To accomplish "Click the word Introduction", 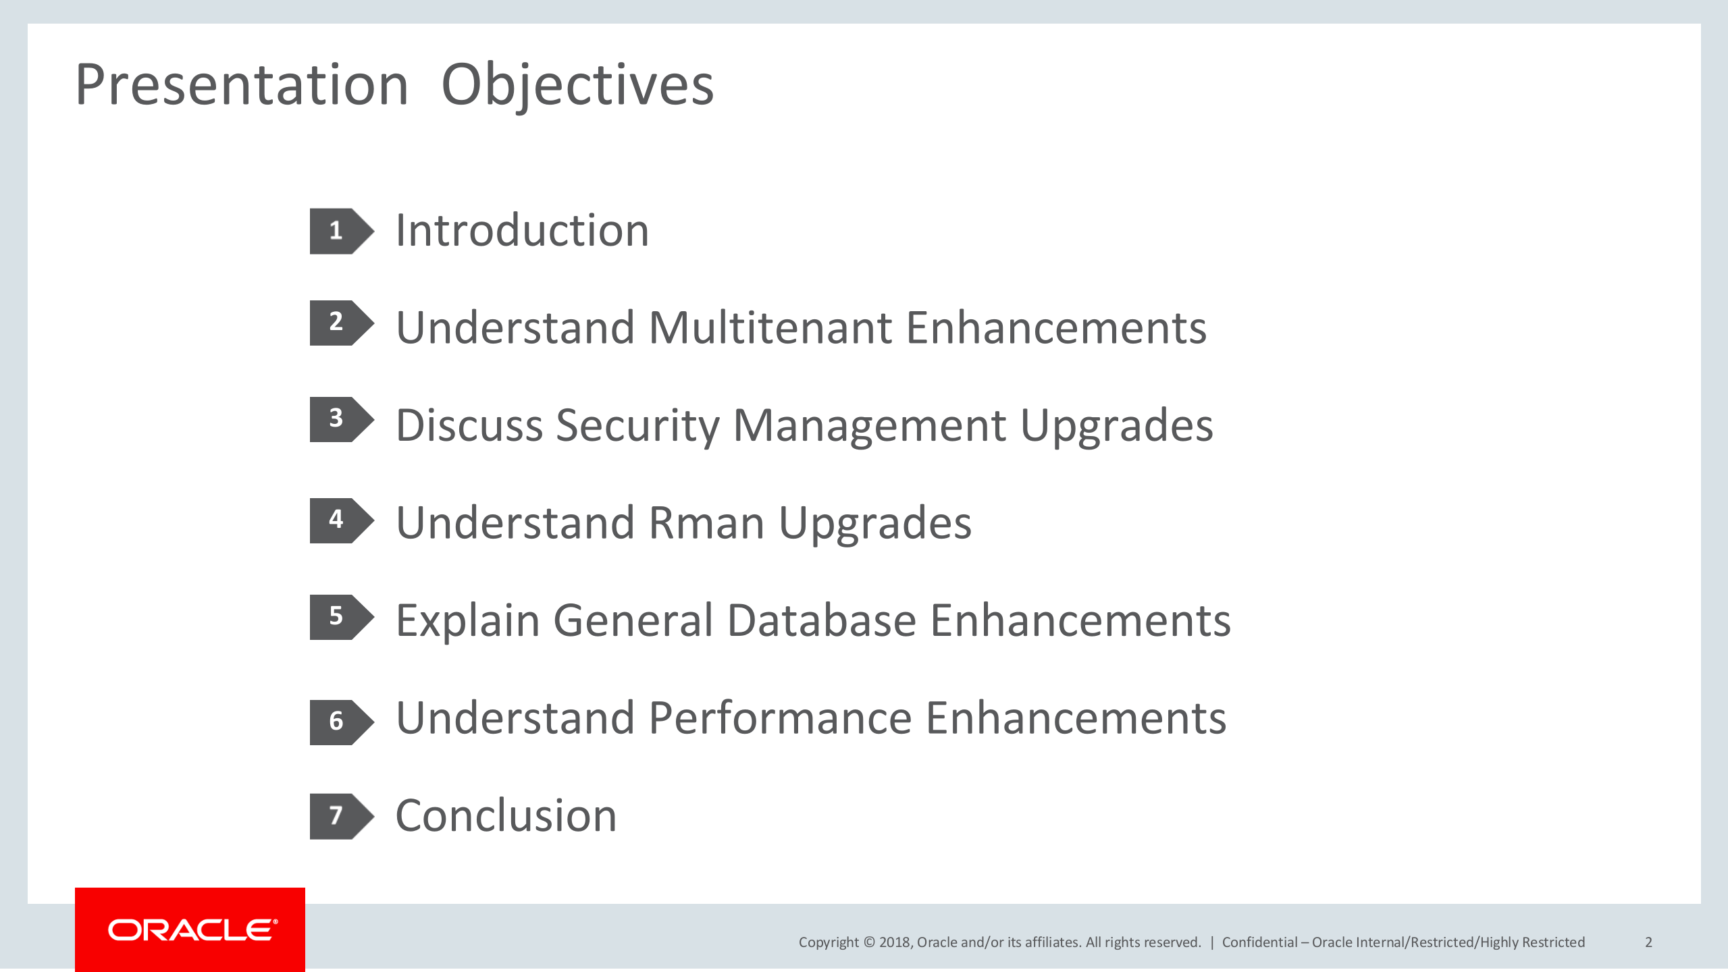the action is pyautogui.click(x=522, y=230).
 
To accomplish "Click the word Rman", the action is pyautogui.click(x=706, y=522).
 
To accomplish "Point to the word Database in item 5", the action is pyautogui.click(x=821, y=620).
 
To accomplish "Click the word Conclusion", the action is pyautogui.click(x=506, y=815).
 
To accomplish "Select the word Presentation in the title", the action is pyautogui.click(x=242, y=84).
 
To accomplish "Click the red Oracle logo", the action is pyautogui.click(x=190, y=929).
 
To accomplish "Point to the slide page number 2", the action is pyautogui.click(x=1648, y=942).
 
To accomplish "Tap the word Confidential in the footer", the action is pyautogui.click(x=1260, y=942).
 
